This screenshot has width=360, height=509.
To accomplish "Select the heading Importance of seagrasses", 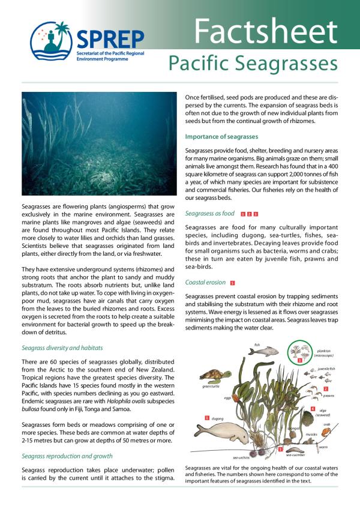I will (x=221, y=136).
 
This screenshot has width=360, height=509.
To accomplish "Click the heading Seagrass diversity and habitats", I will (x=62, y=347).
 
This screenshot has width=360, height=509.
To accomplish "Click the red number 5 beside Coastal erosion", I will (x=232, y=282).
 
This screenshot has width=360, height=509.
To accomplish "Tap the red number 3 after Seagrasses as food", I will (x=256, y=213).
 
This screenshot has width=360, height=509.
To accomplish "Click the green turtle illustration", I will (x=212, y=377).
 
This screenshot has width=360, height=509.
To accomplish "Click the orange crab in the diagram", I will (x=326, y=430).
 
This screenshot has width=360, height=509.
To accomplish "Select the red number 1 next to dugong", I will (x=206, y=417).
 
